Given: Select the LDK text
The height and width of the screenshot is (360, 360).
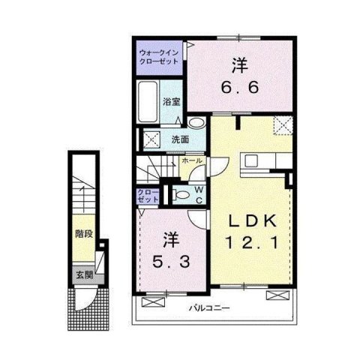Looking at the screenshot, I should [252, 223].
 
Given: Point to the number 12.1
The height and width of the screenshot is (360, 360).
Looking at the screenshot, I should [252, 243].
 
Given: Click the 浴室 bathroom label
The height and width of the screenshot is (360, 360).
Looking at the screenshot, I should [171, 102].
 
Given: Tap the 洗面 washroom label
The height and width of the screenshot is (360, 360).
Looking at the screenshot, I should [179, 139].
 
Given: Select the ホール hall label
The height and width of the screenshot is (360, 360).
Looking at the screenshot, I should [192, 160].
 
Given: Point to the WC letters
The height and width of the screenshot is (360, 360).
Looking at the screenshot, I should [199, 194].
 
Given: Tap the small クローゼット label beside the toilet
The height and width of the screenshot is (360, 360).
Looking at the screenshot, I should [147, 196].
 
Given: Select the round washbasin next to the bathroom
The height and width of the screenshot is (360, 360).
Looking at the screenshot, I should [196, 124].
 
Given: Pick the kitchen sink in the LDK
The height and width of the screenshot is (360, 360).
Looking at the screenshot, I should [251, 160].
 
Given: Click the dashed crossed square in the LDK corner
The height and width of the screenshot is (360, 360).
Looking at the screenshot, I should [283, 125].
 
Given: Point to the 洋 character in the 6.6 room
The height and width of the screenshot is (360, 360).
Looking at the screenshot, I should [238, 65].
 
